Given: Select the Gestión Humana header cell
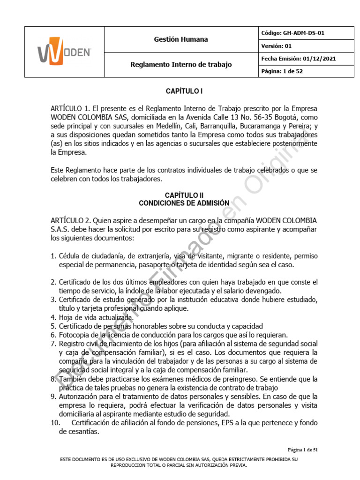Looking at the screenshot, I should tap(180, 39).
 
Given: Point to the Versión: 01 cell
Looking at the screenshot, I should tap(276, 46).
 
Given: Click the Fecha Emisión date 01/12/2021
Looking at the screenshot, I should tap(319, 59).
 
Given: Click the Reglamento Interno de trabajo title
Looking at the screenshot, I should tap(180, 65).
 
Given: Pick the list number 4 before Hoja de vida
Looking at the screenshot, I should tap(53, 317).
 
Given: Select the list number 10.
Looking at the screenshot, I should tap(57, 423).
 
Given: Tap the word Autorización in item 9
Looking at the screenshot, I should tap(80, 397).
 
